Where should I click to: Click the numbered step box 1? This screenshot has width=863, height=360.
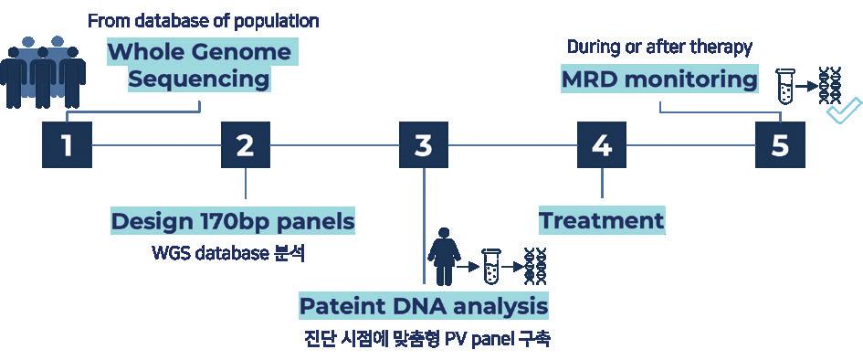67,144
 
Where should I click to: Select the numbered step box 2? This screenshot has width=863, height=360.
246,144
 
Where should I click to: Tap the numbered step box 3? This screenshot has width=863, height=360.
423,144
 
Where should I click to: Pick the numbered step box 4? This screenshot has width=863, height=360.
602,144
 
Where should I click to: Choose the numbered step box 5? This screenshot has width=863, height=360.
780,144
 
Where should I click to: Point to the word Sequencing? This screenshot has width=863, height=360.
199,79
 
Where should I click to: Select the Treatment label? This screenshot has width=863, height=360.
601,221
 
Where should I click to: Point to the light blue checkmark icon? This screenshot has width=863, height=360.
845,110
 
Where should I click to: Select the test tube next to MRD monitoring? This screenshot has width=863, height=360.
784,87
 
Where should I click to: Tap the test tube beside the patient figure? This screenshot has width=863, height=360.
489,267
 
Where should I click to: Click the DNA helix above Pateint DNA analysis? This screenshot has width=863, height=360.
535,267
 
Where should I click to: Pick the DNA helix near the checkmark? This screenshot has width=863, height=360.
830,85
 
